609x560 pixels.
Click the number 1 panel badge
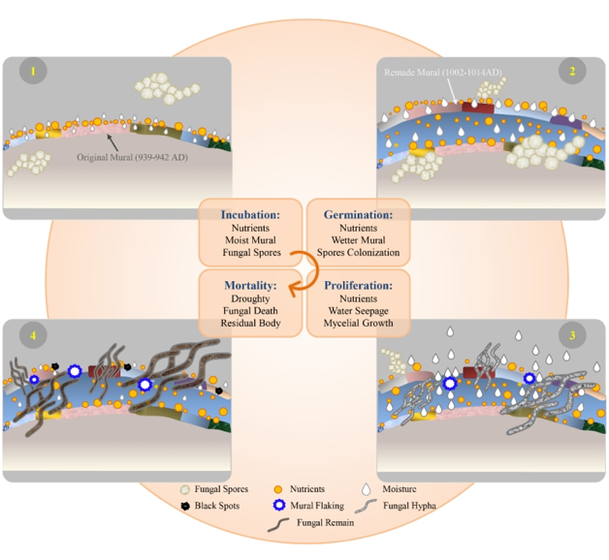[33, 72]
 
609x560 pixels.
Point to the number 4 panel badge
[33, 335]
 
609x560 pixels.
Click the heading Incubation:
[250, 214]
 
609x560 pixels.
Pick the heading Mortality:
[250, 286]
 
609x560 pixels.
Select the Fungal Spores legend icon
[186, 489]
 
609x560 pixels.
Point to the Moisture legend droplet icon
[368, 489]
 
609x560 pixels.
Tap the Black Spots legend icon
[186, 506]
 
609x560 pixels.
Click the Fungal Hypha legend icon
[369, 506]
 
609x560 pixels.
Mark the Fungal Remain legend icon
[279, 523]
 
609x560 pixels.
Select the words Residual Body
[250, 323]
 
